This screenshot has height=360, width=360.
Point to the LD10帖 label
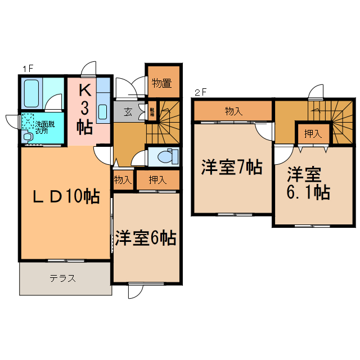coord(66,196)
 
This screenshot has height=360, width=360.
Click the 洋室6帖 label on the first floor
coord(146,238)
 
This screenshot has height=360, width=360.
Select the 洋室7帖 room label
coord(232,167)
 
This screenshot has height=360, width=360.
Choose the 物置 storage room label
coord(162,84)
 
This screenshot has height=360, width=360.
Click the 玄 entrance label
coord(128,111)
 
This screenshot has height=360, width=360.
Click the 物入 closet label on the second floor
coord(233,111)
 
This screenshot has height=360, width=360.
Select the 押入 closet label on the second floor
coord(313,133)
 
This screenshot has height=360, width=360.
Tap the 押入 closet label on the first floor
coord(158,180)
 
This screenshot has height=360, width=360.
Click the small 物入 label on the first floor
coord(123,180)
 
